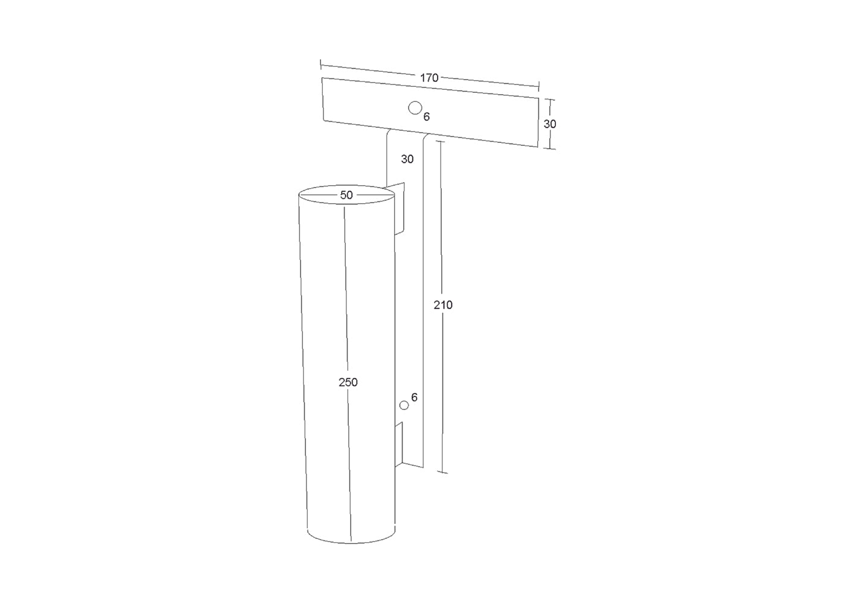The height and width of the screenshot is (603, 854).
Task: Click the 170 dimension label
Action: [429, 78]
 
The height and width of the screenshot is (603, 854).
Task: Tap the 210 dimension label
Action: [443, 305]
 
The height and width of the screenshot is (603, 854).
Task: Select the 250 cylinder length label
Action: [348, 382]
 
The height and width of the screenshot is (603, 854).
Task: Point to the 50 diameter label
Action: [346, 195]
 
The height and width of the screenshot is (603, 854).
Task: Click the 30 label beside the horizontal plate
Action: [550, 124]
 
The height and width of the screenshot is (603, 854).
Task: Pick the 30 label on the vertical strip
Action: [407, 159]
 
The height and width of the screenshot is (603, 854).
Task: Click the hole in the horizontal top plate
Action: [415, 108]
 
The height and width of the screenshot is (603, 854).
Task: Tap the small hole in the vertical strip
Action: [404, 406]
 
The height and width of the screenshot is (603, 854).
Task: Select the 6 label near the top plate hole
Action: [427, 116]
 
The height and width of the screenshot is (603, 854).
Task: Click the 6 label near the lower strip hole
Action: [415, 397]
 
